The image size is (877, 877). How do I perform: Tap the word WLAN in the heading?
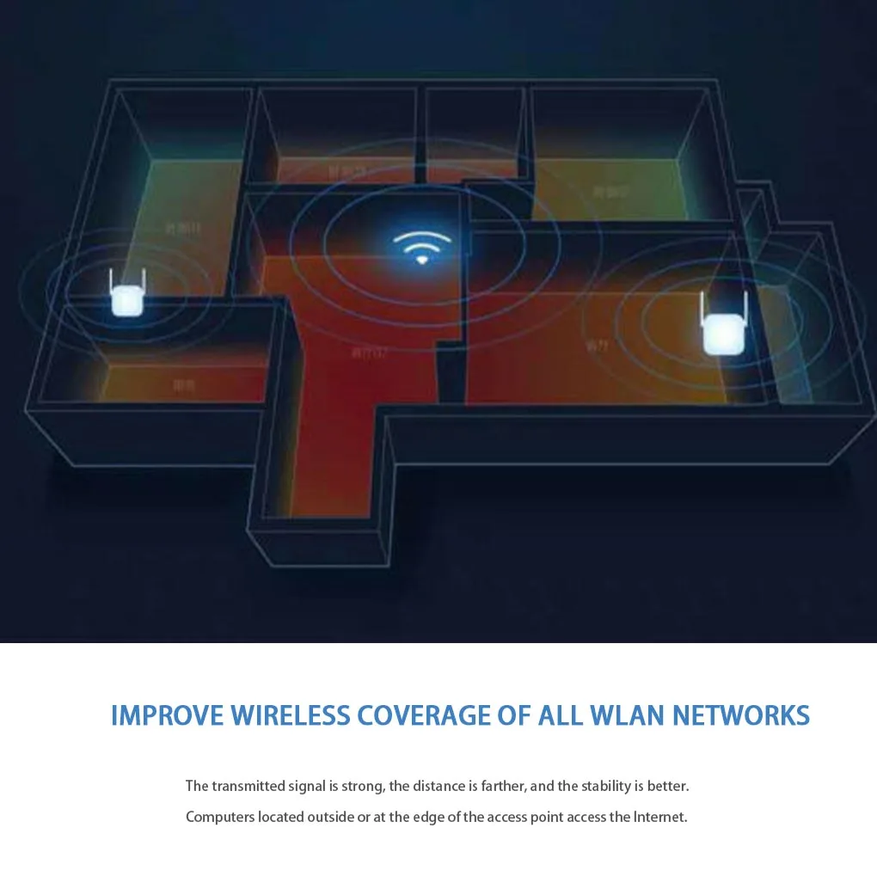click(x=624, y=715)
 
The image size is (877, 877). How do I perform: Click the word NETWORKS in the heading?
click(x=740, y=715)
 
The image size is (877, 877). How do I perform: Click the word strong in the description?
click(x=362, y=786)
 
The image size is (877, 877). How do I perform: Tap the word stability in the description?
click(x=606, y=786)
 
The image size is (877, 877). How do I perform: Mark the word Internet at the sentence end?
click(x=660, y=817)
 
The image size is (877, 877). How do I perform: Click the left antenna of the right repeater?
click(x=702, y=306)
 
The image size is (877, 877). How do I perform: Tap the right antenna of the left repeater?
click(x=144, y=281)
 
